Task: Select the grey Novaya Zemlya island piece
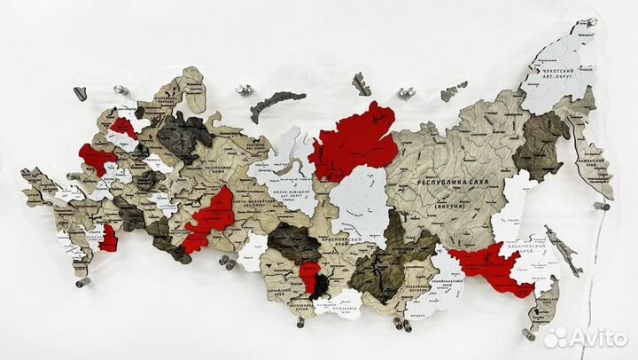click(x=276, y=104)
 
